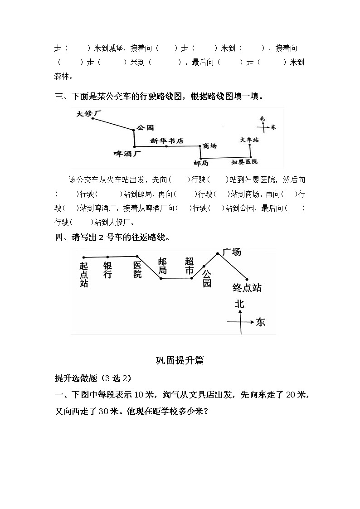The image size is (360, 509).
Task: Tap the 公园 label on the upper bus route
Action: (145, 128)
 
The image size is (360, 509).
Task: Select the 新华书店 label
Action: (167, 141)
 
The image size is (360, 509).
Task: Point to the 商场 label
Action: (210, 146)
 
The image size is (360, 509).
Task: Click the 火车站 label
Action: (249, 141)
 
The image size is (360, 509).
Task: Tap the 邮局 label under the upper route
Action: (201, 162)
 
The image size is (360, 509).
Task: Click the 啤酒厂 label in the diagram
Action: (127, 154)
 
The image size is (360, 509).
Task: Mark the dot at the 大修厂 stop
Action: (93, 118)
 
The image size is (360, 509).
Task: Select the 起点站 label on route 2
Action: (84, 275)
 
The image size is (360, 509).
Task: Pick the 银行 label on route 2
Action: (107, 270)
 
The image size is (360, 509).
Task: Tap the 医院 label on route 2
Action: (137, 270)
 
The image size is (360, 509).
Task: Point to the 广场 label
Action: (232, 252)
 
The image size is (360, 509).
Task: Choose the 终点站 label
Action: (247, 288)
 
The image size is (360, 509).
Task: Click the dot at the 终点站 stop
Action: (247, 279)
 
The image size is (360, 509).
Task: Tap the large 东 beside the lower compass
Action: (260, 322)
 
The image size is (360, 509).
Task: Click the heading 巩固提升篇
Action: (180, 360)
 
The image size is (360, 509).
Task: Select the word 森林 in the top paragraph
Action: (62, 76)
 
